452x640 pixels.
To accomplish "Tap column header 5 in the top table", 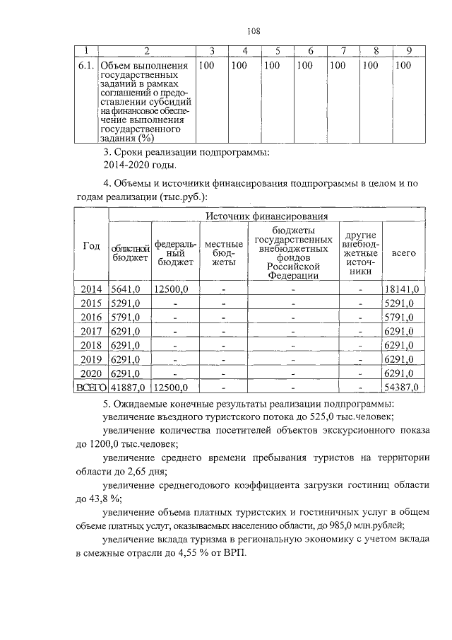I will (278, 50).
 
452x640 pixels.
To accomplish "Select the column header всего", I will (403, 252).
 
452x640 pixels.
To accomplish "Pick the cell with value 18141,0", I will (403, 289).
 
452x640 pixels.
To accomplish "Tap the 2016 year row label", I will (92, 317).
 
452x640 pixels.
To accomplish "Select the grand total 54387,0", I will (403, 387).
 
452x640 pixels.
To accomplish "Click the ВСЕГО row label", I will (92, 387).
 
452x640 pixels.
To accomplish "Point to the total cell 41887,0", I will (128, 387).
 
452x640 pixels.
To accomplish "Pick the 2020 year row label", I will (92, 373).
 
